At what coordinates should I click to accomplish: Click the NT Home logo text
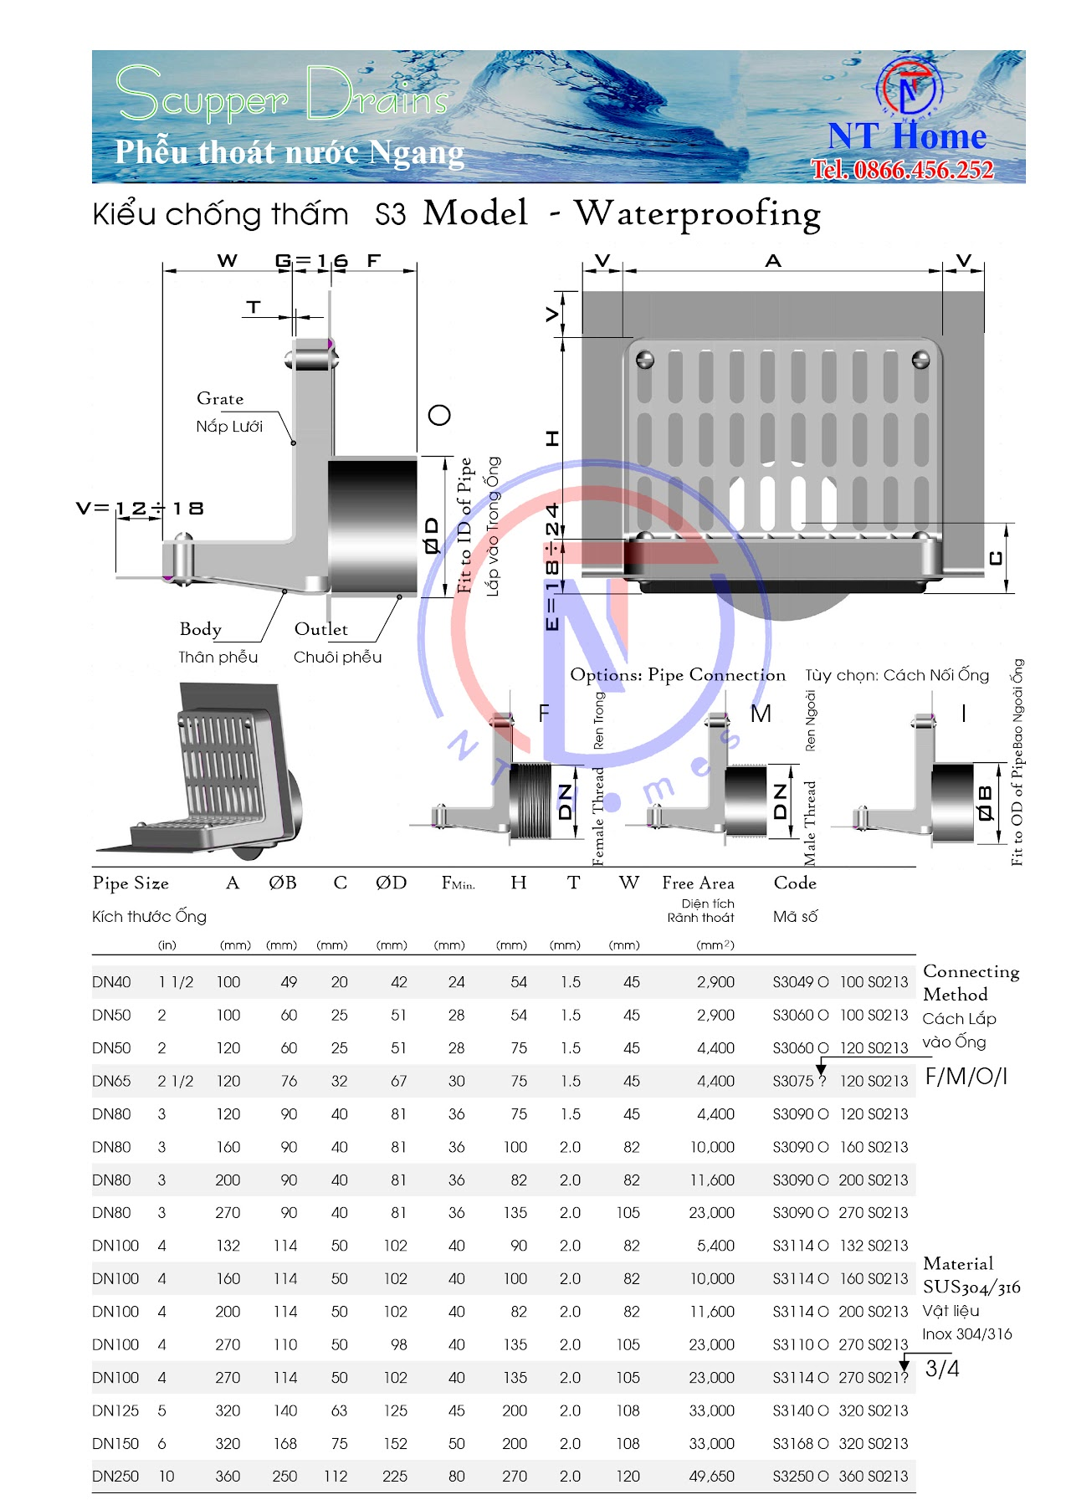point(907,136)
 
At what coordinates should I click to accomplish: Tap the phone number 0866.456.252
point(903,170)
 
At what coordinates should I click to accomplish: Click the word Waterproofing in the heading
point(697,214)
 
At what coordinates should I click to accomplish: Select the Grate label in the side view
point(220,399)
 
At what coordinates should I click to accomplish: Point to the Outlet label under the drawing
point(320,629)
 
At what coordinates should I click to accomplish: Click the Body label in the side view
point(201,629)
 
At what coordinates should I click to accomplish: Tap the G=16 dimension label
point(311,261)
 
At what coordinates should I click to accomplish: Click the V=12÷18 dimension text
point(140,509)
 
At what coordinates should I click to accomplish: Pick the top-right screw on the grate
point(920,361)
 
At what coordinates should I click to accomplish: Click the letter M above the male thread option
point(760,714)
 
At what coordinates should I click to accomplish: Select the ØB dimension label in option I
point(986,802)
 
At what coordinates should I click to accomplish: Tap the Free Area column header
point(698,883)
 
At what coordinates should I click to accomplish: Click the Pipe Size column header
point(131,883)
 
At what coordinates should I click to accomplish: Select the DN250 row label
point(115,1477)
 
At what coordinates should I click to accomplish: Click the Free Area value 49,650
point(711,1477)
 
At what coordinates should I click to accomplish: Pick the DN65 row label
point(111,1081)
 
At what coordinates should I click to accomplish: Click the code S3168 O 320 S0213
point(839,1444)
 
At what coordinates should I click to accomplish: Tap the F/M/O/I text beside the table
point(966,1077)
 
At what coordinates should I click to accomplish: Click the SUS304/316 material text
point(971,1287)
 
